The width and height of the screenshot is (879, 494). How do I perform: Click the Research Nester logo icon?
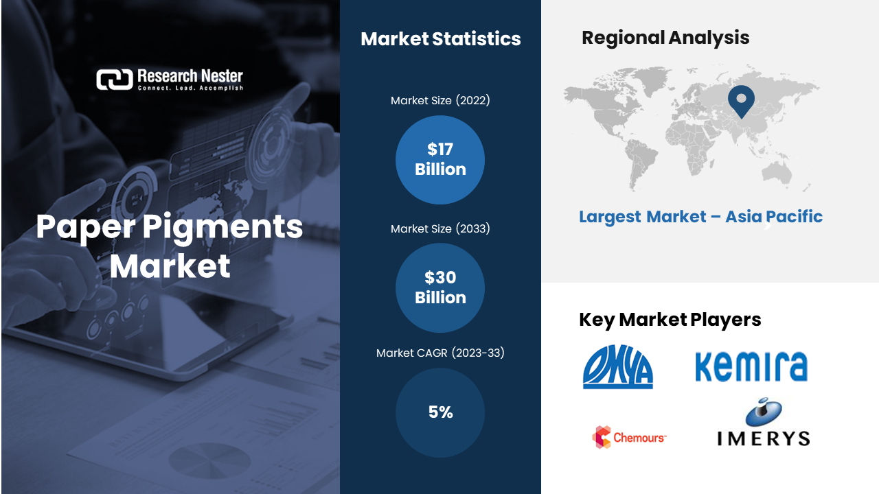pyautogui.click(x=115, y=80)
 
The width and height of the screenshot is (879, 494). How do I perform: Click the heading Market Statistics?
pyautogui.click(x=441, y=39)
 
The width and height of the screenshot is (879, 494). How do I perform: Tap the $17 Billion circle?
pyautogui.click(x=440, y=160)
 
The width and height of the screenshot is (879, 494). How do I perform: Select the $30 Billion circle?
pyautogui.click(x=440, y=287)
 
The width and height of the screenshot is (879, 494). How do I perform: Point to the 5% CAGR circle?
pyautogui.click(x=440, y=412)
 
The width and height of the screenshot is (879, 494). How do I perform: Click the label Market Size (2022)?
pyautogui.click(x=440, y=100)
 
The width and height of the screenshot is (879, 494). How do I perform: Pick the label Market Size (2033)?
pyautogui.click(x=440, y=228)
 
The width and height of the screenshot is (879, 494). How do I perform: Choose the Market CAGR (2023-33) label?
pyautogui.click(x=440, y=353)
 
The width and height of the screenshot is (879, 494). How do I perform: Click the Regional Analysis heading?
pyautogui.click(x=665, y=38)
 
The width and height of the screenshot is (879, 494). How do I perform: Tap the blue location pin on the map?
pyautogui.click(x=741, y=101)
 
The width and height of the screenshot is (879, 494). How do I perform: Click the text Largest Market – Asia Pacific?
pyautogui.click(x=701, y=217)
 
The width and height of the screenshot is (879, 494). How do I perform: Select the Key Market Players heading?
pyautogui.click(x=670, y=320)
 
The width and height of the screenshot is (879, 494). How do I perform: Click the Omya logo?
pyautogui.click(x=618, y=366)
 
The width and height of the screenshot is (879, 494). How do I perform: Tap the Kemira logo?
pyautogui.click(x=751, y=366)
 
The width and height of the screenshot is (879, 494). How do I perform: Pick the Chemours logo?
pyautogui.click(x=630, y=437)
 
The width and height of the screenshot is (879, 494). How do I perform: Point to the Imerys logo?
pyautogui.click(x=764, y=422)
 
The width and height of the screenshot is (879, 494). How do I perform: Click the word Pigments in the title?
pyautogui.click(x=222, y=227)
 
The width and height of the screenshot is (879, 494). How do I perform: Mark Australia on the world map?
pyautogui.click(x=776, y=172)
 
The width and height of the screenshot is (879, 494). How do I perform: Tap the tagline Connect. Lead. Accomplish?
pyautogui.click(x=190, y=88)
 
